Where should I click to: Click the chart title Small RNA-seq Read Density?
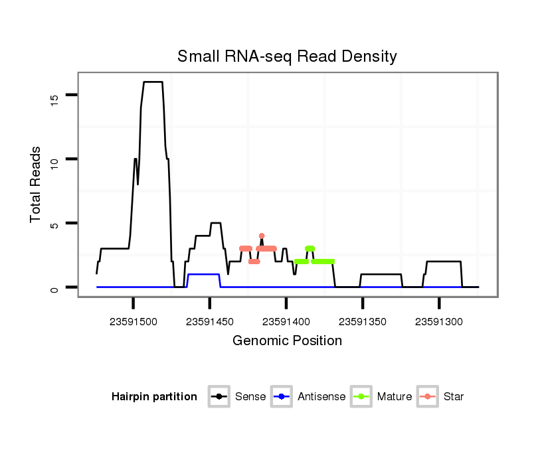(x=287, y=56)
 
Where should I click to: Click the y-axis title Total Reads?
(x=36, y=185)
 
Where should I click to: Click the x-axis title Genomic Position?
(x=287, y=341)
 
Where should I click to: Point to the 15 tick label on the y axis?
(x=55, y=98)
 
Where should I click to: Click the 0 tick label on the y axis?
(x=55, y=288)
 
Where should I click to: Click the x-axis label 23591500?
(x=134, y=322)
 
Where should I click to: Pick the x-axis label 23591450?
(x=210, y=322)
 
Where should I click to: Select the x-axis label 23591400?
(x=286, y=322)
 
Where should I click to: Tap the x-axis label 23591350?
(x=363, y=322)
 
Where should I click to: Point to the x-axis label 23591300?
(x=439, y=322)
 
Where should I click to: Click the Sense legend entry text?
(x=250, y=397)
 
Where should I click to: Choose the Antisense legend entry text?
(x=321, y=397)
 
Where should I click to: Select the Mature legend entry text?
(x=395, y=397)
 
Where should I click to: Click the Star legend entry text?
(x=454, y=397)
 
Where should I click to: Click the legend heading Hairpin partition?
(x=154, y=397)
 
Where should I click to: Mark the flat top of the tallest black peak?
(x=153, y=82)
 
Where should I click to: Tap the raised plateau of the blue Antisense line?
(x=203, y=274)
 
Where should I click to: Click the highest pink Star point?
(x=262, y=236)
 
